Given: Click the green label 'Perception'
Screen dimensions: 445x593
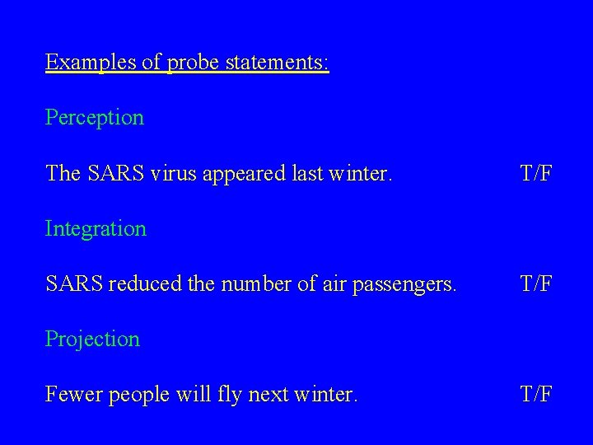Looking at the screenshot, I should tap(95, 118).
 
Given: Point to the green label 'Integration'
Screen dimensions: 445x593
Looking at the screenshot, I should tap(96, 228).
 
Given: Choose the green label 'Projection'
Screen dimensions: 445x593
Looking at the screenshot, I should tap(92, 340).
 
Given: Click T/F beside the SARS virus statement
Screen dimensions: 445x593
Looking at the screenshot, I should tap(536, 173).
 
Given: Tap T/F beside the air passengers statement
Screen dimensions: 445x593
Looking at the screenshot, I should tap(536, 284).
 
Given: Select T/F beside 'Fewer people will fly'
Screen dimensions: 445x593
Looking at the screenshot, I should tap(536, 396).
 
